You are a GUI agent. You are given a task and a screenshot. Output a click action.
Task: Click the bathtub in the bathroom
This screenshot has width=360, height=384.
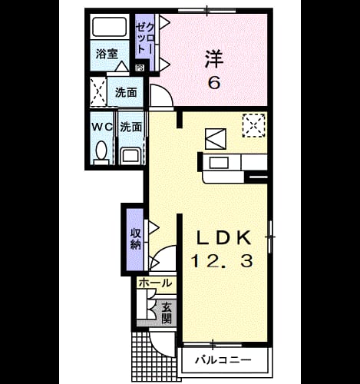[x=109, y=27]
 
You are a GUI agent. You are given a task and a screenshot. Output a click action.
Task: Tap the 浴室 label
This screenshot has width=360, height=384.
[x=107, y=54]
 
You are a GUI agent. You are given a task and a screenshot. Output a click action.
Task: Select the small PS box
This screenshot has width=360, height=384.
[x=140, y=68]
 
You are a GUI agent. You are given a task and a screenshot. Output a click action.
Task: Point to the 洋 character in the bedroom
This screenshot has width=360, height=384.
[x=214, y=59]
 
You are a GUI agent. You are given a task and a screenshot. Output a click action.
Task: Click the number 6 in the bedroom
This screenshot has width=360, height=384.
[x=214, y=82]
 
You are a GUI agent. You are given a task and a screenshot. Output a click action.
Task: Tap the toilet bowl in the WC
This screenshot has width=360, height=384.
[x=101, y=151]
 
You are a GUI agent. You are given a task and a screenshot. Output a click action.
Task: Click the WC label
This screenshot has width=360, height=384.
[x=102, y=127]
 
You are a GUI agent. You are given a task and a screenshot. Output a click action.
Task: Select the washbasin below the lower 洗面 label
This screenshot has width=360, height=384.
[x=130, y=155]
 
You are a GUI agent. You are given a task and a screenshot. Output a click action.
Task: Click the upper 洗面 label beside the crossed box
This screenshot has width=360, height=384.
[x=126, y=93]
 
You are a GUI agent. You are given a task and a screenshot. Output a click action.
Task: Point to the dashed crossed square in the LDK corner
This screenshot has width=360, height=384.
[x=253, y=125]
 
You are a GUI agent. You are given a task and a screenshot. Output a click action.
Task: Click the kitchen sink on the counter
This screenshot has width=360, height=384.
[x=219, y=163]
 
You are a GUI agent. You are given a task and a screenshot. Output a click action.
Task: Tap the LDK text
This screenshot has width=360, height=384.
[x=223, y=238]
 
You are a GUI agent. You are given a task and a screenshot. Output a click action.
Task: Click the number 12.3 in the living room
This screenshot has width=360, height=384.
[x=222, y=261]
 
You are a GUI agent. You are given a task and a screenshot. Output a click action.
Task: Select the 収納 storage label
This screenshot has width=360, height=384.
[x=135, y=239]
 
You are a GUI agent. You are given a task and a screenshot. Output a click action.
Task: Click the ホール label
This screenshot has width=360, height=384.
[x=155, y=283]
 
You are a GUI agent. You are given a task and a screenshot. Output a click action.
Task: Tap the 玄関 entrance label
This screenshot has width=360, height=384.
[x=166, y=313]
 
